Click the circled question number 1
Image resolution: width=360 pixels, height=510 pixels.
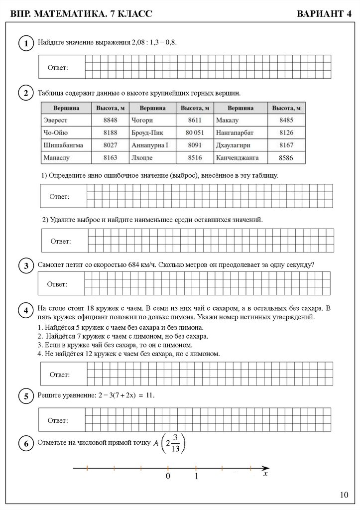[25, 44]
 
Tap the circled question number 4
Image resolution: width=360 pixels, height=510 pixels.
[25, 311]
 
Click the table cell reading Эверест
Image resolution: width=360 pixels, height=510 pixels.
[55, 120]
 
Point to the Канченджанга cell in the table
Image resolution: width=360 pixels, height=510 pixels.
[237, 158]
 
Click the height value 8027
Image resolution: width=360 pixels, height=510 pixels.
[110, 145]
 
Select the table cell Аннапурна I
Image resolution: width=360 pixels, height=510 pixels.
[150, 145]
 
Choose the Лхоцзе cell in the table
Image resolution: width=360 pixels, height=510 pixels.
[142, 158]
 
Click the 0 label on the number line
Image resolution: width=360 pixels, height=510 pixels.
[168, 477]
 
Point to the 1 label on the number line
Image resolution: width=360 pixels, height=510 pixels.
[196, 477]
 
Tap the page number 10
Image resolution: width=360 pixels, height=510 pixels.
[344, 495]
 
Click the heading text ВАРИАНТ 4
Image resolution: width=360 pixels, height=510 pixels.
[324, 14]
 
